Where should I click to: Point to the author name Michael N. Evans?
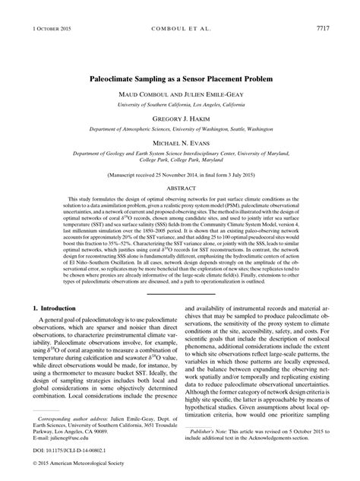tap(179, 144)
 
